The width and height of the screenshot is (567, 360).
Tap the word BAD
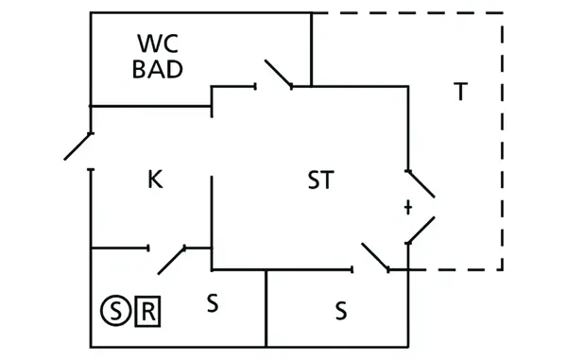tap(158, 69)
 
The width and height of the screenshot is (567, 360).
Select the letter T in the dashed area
tap(460, 92)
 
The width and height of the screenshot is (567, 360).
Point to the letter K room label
tap(155, 180)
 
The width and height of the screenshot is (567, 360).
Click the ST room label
tap(320, 180)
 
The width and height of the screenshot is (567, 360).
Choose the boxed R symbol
tap(149, 308)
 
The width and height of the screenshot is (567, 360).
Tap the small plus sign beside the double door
tap(407, 206)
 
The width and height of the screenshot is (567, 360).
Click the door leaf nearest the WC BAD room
tap(278, 74)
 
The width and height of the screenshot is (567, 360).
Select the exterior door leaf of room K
tap(78, 146)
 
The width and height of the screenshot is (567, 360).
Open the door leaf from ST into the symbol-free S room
tap(374, 256)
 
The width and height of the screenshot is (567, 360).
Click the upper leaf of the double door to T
tap(421, 184)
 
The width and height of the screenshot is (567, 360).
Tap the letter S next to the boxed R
tap(213, 303)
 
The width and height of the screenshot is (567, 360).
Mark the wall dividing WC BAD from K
tap(151, 106)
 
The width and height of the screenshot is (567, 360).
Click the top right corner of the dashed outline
tap(503, 13)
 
